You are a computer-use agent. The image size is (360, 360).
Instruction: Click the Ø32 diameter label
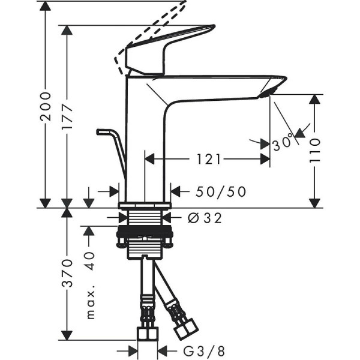coord(205,218)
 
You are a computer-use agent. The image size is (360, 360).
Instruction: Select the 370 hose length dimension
coord(67,272)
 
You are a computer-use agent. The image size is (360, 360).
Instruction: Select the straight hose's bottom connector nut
coord(148,334)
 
